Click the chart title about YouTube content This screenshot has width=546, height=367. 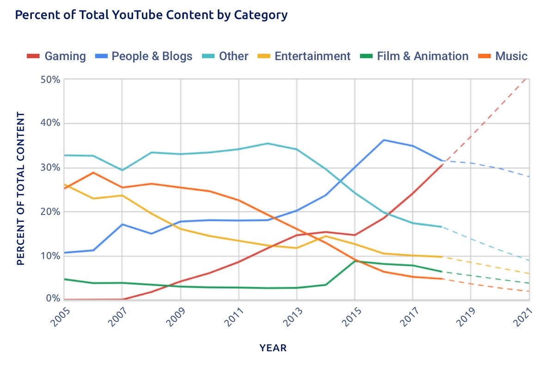click(x=151, y=15)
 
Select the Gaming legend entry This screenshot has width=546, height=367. click(x=56, y=56)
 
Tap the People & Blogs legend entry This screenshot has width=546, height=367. click(x=144, y=56)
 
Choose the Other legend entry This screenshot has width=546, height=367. click(x=226, y=56)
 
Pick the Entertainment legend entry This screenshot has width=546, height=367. click(x=305, y=56)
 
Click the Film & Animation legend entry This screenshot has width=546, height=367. click(x=414, y=56)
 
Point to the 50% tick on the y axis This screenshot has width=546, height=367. click(x=50, y=80)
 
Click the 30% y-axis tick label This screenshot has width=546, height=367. click(x=50, y=168)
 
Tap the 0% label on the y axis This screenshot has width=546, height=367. click(x=53, y=299)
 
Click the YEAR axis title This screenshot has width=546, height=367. click(x=273, y=348)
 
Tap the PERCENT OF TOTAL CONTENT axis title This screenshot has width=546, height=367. click(x=20, y=189)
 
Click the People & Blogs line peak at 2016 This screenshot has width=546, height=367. click(x=384, y=140)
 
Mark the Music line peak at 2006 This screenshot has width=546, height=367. click(x=93, y=172)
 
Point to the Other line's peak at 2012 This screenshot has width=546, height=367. click(x=268, y=143)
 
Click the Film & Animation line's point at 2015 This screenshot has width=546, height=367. click(x=355, y=261)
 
